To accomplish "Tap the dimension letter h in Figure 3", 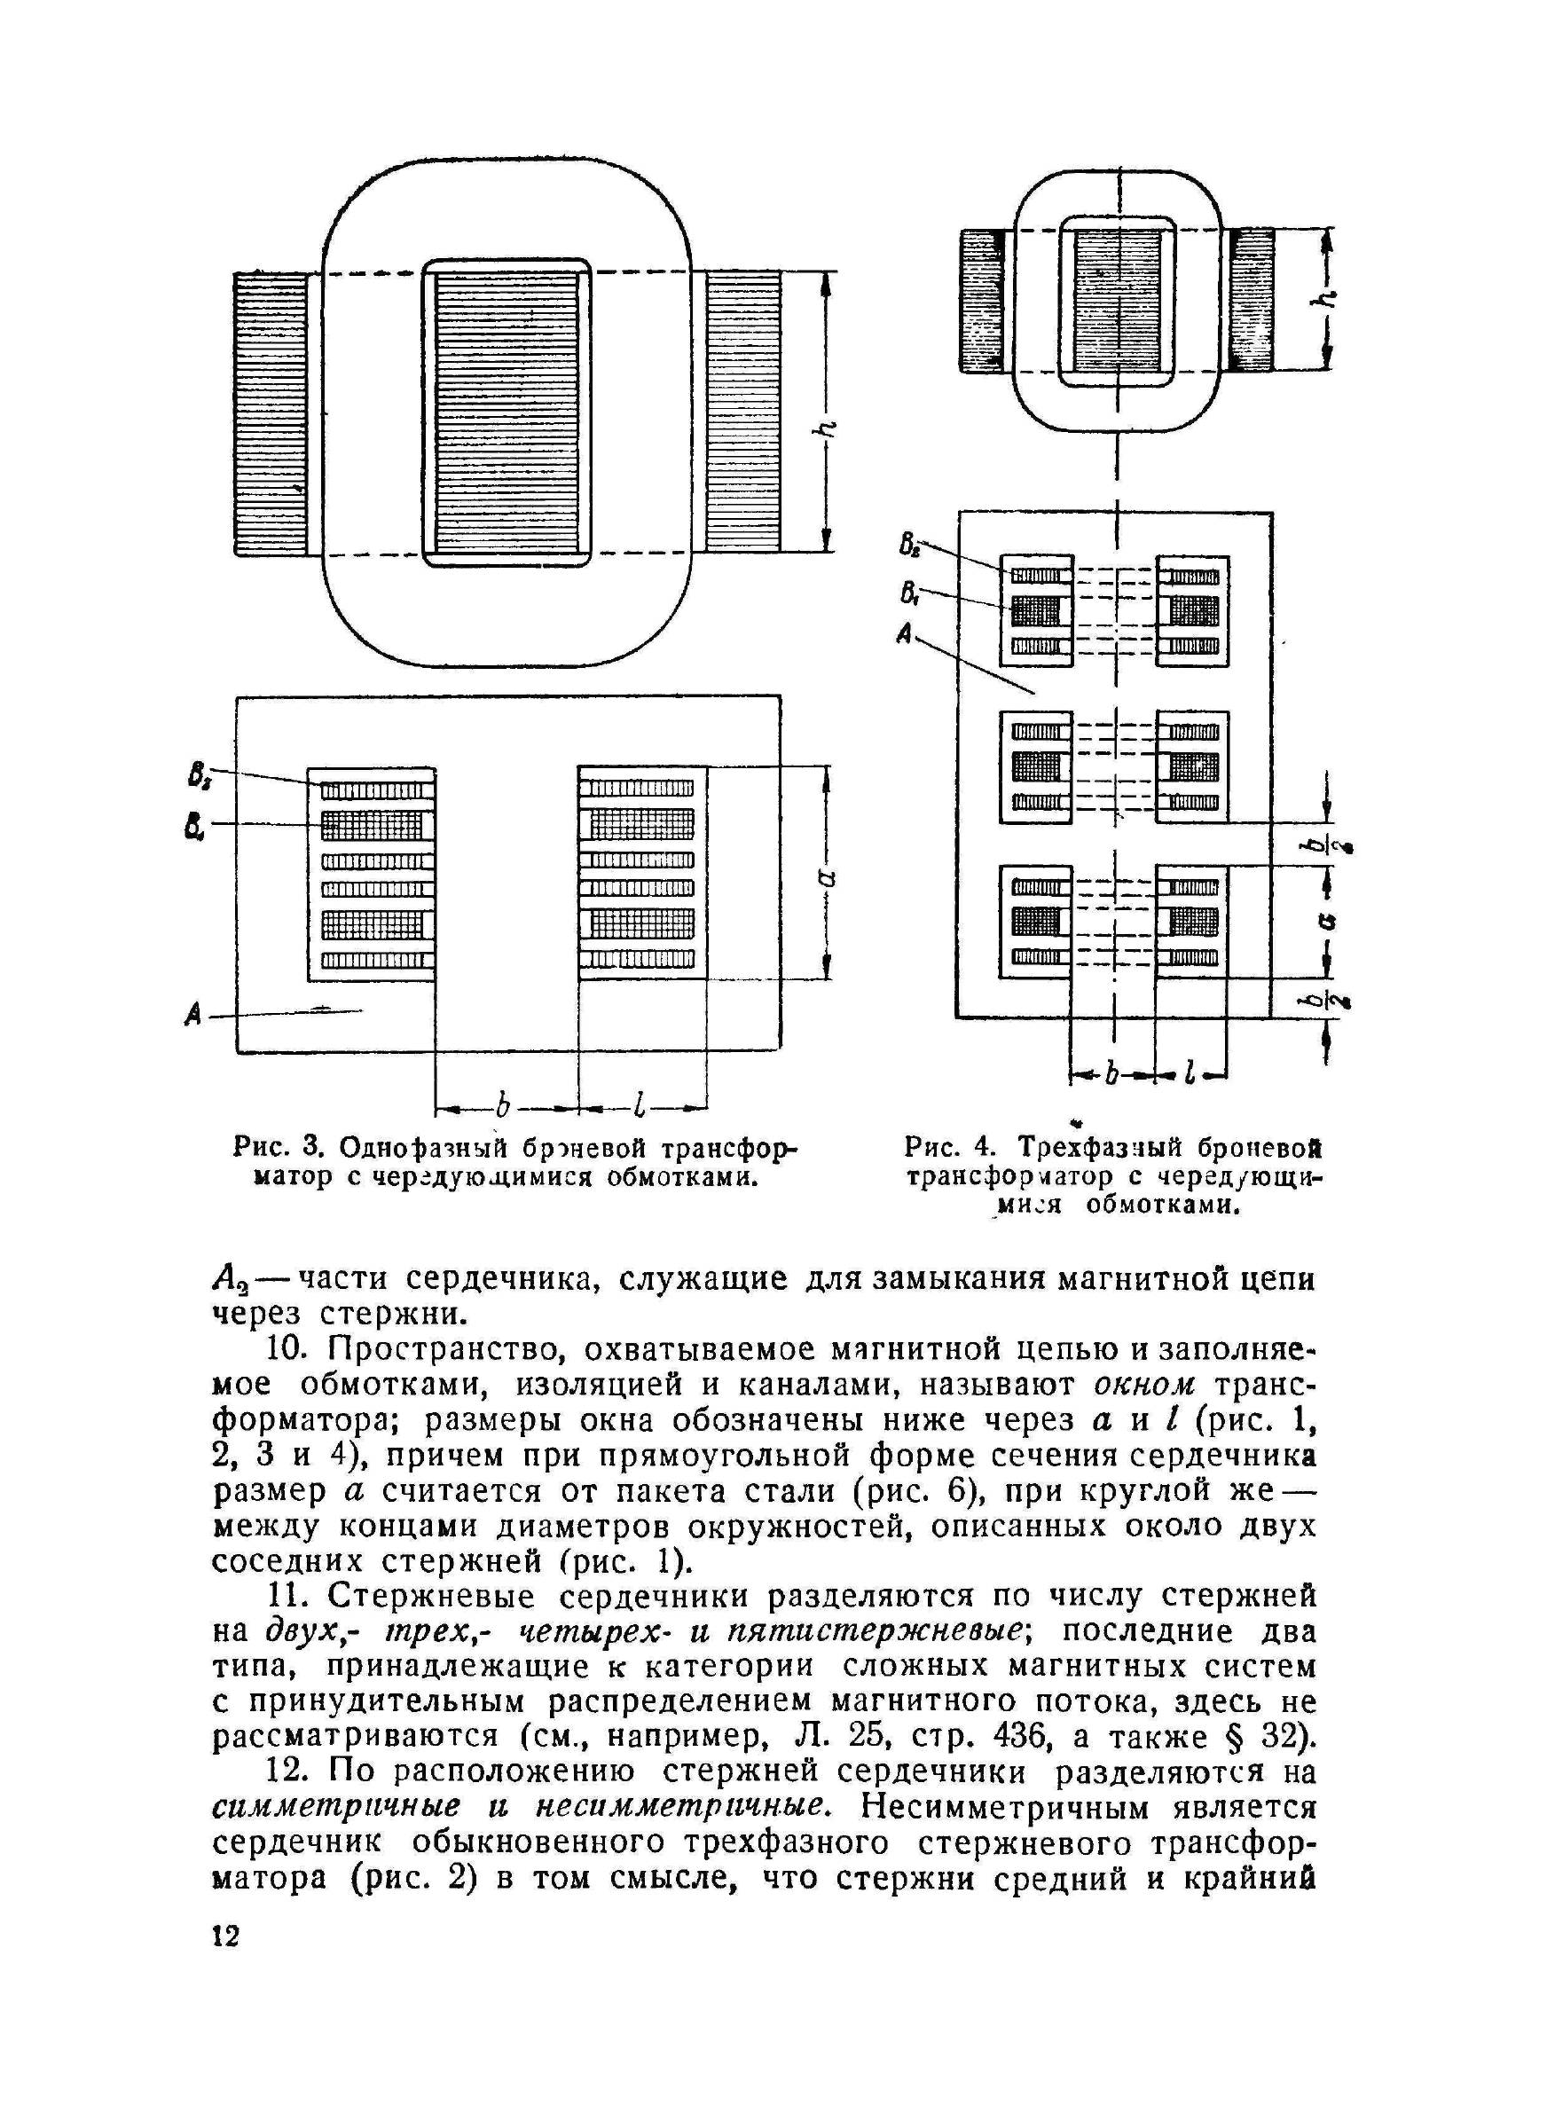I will [827, 428].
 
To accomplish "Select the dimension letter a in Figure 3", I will [828, 876].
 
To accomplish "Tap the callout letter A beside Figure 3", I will [195, 1013].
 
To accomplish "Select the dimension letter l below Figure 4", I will [1190, 1076].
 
